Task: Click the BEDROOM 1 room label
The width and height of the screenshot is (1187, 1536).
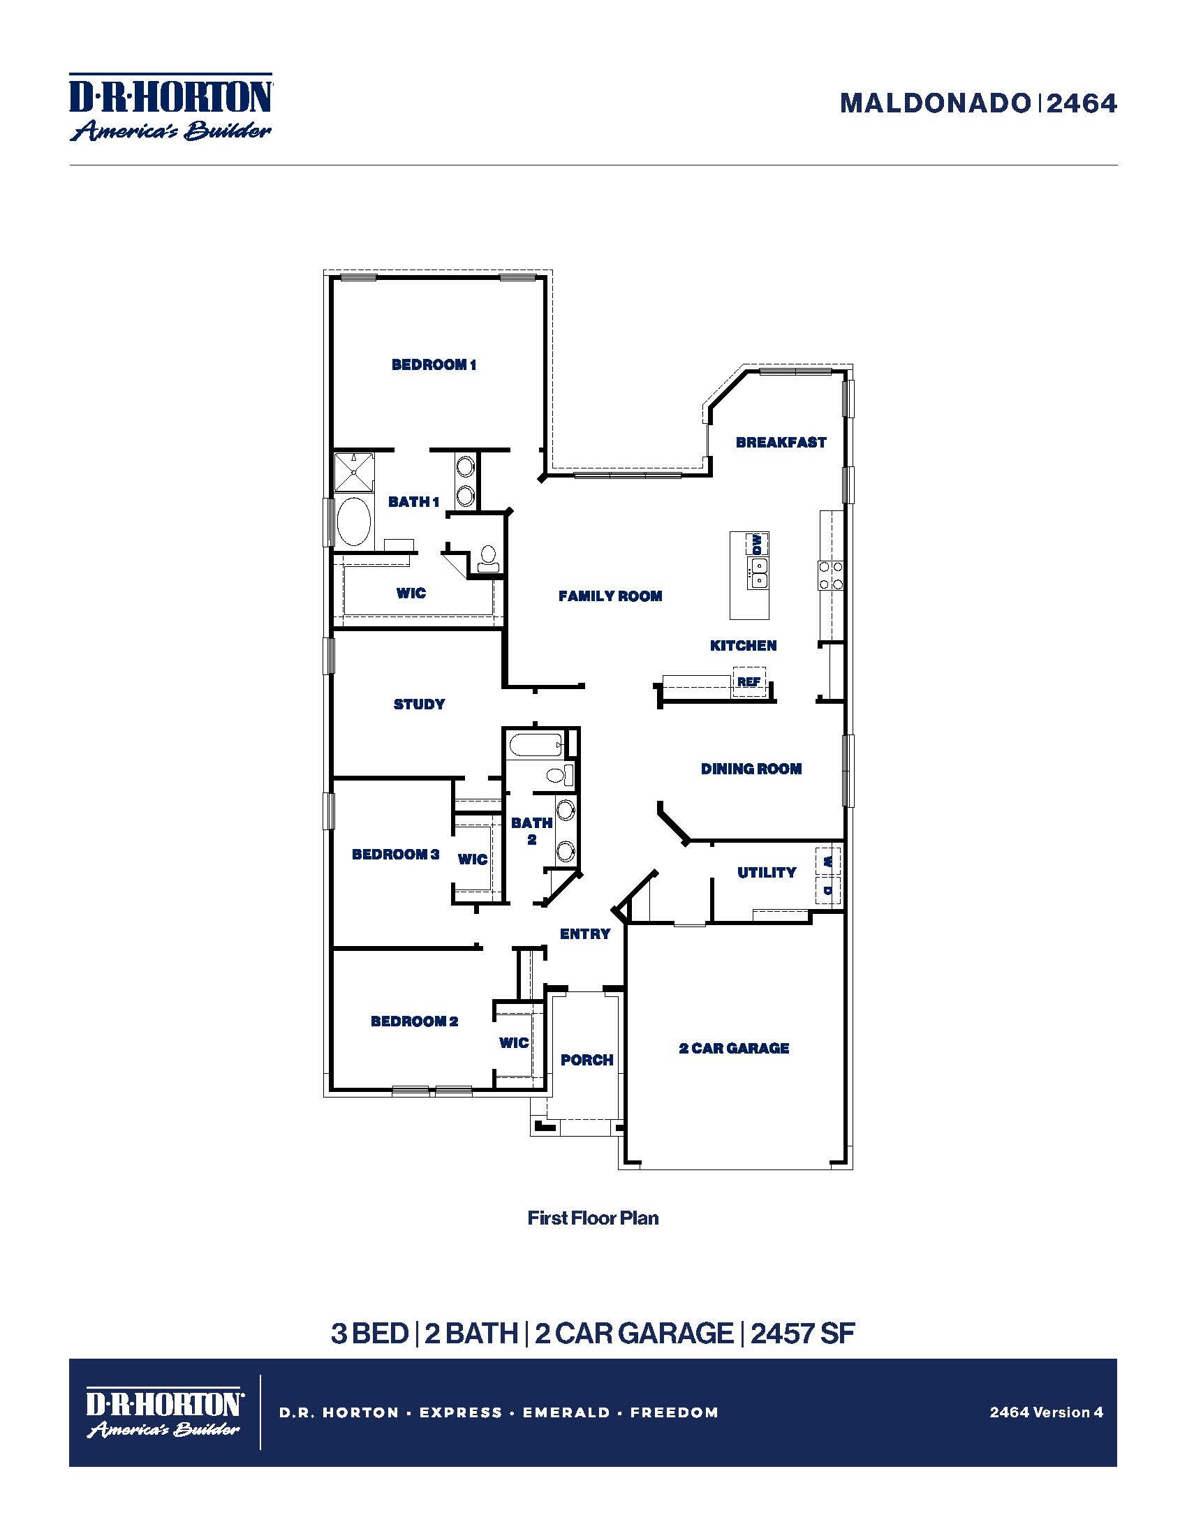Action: [433, 364]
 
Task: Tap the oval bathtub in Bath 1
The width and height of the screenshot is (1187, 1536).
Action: [353, 521]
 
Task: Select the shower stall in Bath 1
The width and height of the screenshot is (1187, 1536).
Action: [354, 472]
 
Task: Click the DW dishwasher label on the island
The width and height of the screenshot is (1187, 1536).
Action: [757, 544]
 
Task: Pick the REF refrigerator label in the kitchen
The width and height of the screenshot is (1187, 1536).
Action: [749, 681]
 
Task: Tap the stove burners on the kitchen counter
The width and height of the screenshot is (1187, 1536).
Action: [830, 575]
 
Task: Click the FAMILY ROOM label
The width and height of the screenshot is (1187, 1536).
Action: [610, 596]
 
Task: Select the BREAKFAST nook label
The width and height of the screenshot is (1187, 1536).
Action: [781, 443]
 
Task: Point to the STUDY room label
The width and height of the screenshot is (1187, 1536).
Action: [419, 704]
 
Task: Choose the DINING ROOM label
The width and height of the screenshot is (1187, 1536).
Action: [751, 769]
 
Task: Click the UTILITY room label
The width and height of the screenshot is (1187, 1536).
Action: [767, 872]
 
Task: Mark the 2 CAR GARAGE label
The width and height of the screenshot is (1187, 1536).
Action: [733, 1048]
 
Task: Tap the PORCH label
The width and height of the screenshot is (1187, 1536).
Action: [587, 1060]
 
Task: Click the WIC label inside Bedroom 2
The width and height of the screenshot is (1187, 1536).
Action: [513, 1042]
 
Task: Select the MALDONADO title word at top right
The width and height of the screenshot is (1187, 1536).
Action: [934, 104]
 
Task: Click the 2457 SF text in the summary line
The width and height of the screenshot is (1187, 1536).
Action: [802, 1334]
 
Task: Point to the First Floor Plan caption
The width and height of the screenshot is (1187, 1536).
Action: [593, 1218]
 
